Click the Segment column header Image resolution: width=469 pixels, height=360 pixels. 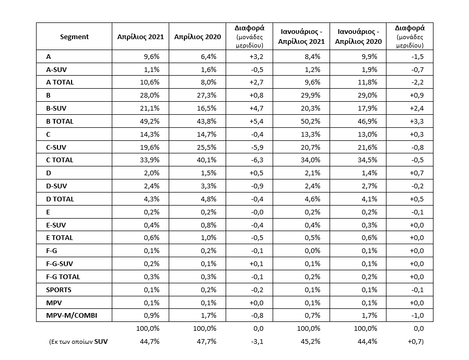pyautogui.click(x=74, y=37)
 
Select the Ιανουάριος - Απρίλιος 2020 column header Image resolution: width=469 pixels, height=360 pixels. pyautogui.click(x=358, y=37)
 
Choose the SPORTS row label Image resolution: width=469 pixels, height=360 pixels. pyautogui.click(x=58, y=290)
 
